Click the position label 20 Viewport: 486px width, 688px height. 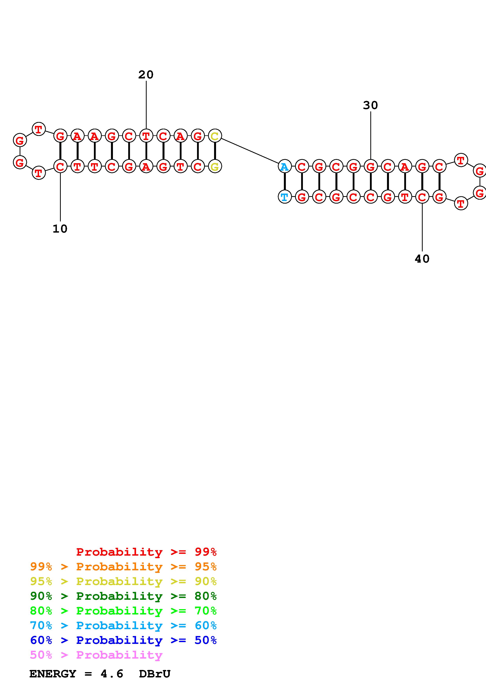(x=146, y=75)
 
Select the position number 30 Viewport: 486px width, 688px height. (x=370, y=105)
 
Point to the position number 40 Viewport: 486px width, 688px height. (x=422, y=259)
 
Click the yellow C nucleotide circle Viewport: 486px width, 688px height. (x=215, y=136)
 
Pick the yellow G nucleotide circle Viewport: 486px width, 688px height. (x=215, y=167)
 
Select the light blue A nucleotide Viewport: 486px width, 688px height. (x=284, y=167)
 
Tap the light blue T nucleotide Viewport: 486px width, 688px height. (x=284, y=197)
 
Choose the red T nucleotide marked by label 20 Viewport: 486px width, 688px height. (x=146, y=136)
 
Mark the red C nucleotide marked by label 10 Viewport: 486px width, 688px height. (x=60, y=167)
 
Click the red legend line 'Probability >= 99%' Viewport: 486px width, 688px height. (x=146, y=552)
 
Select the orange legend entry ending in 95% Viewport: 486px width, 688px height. (x=123, y=566)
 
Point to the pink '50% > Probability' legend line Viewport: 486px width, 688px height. (x=96, y=655)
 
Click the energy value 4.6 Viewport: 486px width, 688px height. (x=112, y=674)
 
